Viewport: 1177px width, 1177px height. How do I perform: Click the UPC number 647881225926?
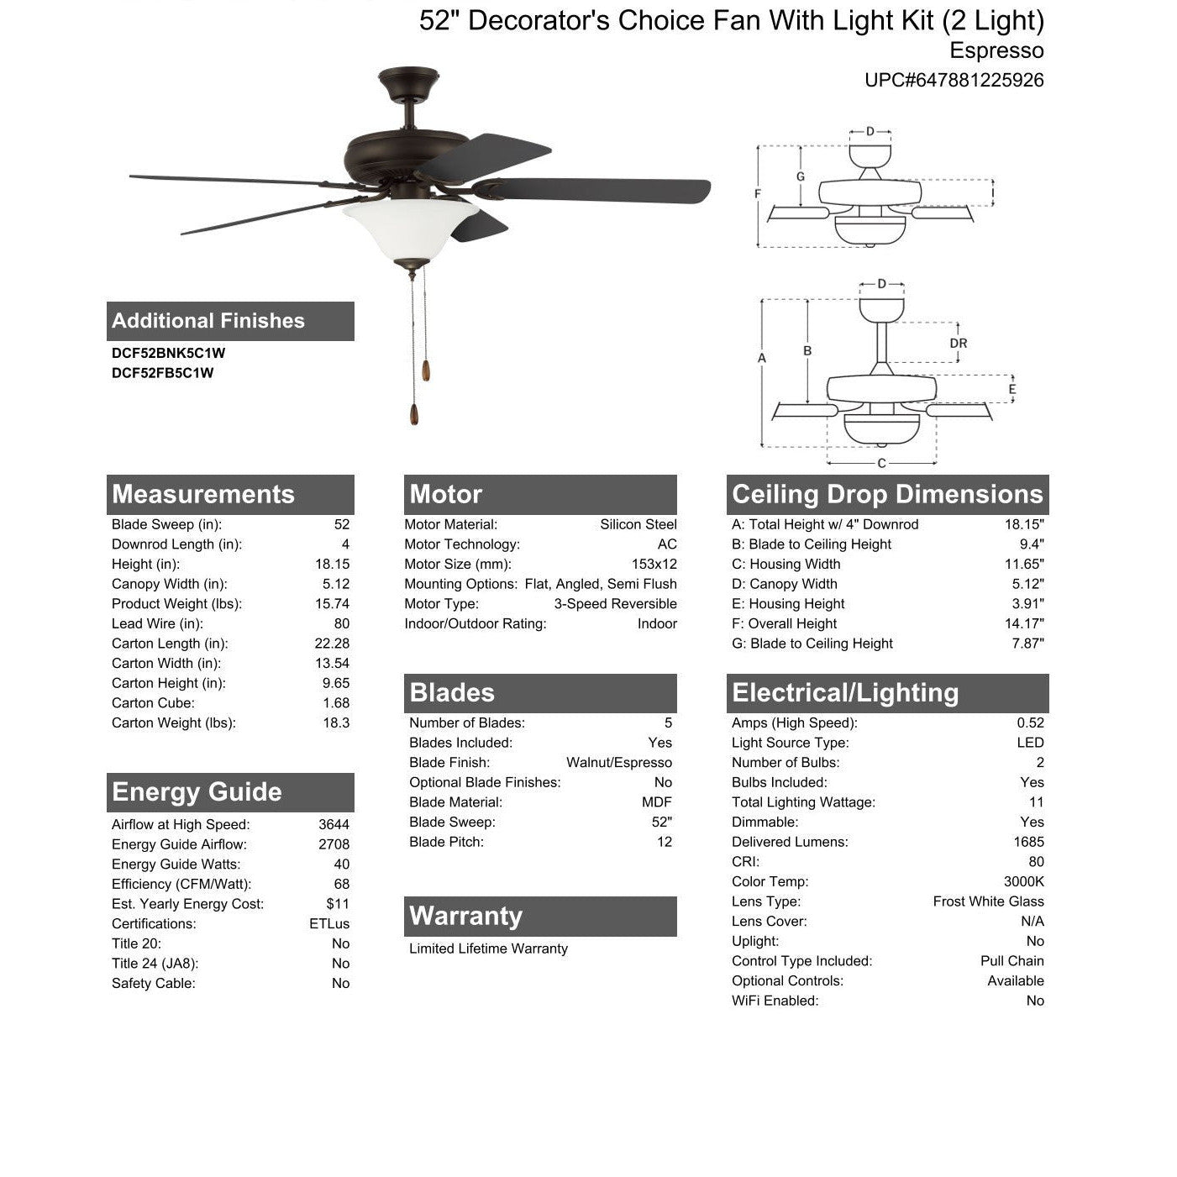(x=954, y=81)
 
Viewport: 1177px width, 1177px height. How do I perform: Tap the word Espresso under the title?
(x=996, y=50)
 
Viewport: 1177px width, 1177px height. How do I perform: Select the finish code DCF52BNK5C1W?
(x=169, y=354)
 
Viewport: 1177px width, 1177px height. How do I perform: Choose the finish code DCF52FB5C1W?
(x=163, y=373)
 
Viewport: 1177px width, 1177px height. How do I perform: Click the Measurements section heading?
(x=203, y=495)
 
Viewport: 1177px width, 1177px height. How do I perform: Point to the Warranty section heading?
(x=465, y=916)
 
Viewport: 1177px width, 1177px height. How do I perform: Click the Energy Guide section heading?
(x=197, y=792)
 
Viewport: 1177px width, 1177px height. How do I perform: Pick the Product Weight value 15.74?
(x=332, y=604)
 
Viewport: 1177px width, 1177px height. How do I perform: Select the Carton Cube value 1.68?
(x=336, y=703)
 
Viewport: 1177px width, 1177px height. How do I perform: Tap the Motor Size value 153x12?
(x=654, y=565)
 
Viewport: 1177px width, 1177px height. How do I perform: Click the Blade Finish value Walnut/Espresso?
(x=619, y=763)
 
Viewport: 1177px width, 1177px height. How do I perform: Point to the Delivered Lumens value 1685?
(x=1028, y=842)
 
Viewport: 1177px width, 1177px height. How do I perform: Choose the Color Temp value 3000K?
(x=1023, y=881)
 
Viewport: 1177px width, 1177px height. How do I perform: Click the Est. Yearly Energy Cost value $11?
(x=338, y=904)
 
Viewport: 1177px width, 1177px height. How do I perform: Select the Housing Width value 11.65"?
(x=1025, y=565)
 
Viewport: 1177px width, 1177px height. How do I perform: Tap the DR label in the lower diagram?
(x=958, y=344)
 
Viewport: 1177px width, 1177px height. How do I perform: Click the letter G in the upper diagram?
(x=801, y=177)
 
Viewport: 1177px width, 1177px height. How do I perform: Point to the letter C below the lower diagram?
(x=881, y=464)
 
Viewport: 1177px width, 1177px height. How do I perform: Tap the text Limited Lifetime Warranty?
(x=488, y=948)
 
